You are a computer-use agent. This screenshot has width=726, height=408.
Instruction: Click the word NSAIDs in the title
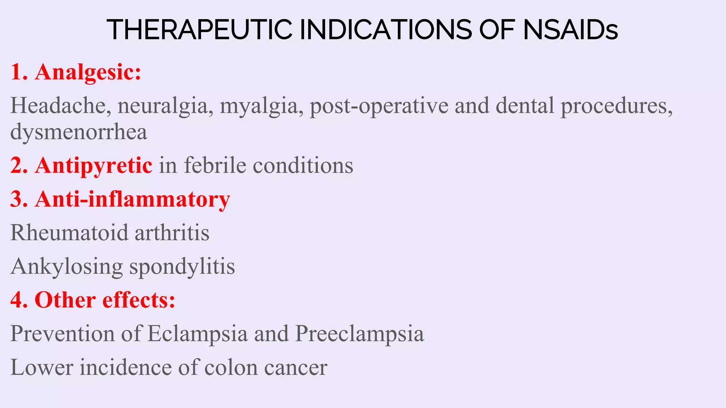tap(570, 30)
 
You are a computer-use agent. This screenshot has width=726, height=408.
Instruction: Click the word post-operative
tap(379, 106)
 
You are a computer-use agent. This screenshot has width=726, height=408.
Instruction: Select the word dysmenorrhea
tap(79, 132)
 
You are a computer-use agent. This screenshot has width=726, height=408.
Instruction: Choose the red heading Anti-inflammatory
tap(132, 199)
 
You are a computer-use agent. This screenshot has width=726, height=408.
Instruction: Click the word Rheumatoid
tap(69, 233)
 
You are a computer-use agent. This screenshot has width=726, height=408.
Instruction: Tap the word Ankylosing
tap(67, 266)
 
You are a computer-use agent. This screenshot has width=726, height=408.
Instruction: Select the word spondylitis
tap(182, 266)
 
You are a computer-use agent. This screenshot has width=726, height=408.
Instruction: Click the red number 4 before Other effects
tap(17, 300)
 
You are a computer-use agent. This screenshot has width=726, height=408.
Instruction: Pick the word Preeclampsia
tap(359, 334)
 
